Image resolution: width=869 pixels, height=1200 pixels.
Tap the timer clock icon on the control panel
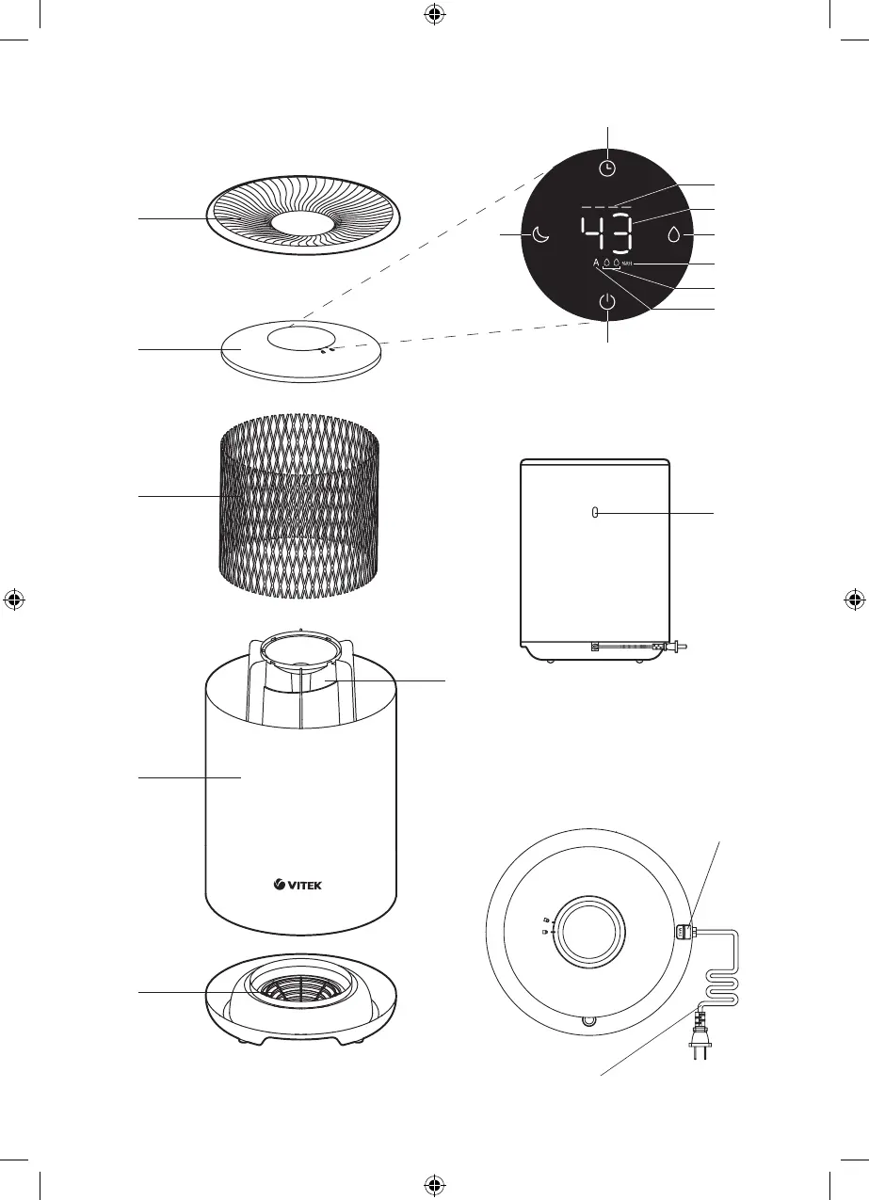pos(608,168)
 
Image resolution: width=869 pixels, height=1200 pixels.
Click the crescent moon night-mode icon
pos(540,234)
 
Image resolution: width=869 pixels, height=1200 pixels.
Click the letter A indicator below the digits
pos(596,264)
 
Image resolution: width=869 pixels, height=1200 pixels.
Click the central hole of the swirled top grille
pos(301,224)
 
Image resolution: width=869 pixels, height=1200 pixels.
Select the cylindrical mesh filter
pos(299,508)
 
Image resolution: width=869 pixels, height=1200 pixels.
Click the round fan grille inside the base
pos(300,988)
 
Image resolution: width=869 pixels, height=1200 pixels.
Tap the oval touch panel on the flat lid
pos(301,339)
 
